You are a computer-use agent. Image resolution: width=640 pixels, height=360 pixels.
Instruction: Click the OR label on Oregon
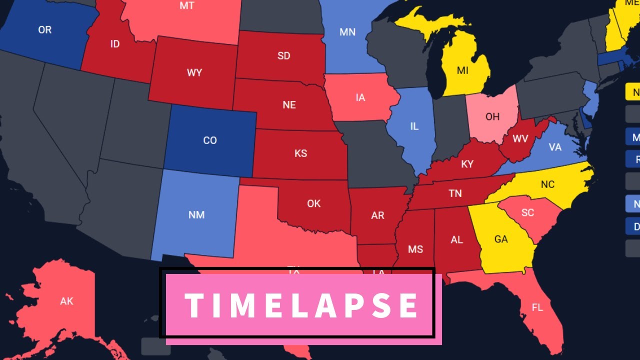pyautogui.click(x=44, y=30)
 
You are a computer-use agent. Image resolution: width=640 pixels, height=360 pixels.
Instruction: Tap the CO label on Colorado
pyautogui.click(x=210, y=140)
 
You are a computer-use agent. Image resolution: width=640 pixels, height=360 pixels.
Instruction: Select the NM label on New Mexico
pyautogui.click(x=196, y=214)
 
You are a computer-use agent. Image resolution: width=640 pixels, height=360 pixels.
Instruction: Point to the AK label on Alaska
pyautogui.click(x=66, y=301)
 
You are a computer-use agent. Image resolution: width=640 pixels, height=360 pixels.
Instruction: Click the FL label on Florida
pyautogui.click(x=537, y=307)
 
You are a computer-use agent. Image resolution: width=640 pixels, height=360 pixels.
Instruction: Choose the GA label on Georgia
pyautogui.click(x=501, y=239)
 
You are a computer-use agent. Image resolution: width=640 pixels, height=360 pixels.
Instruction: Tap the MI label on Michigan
pyautogui.click(x=462, y=70)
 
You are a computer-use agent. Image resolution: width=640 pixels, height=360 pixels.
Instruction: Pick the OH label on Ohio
pyautogui.click(x=492, y=116)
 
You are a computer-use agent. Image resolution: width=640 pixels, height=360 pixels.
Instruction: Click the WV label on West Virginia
pyautogui.click(x=520, y=138)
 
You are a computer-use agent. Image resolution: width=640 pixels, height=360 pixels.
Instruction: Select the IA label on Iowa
pyautogui.click(x=360, y=97)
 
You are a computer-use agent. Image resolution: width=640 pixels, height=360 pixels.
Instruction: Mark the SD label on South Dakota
pyautogui.click(x=283, y=56)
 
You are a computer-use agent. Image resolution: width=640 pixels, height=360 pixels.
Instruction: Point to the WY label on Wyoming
pyautogui.click(x=194, y=73)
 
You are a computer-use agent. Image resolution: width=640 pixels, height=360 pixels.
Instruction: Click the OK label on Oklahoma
pyautogui.click(x=314, y=203)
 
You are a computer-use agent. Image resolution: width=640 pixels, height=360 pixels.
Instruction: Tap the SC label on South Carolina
pyautogui.click(x=527, y=212)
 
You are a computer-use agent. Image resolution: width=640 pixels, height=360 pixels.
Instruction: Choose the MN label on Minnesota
pyautogui.click(x=347, y=32)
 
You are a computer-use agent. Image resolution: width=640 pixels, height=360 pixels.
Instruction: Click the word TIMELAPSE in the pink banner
pyautogui.click(x=301, y=305)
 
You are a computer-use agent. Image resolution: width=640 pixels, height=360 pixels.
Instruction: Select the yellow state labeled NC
pyautogui.click(x=547, y=184)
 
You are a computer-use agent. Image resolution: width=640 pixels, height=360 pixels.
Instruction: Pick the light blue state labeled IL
pyautogui.click(x=414, y=126)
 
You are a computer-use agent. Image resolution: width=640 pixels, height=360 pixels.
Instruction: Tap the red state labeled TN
pyautogui.click(x=455, y=193)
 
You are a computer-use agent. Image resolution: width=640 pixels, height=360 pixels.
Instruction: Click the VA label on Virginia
pyautogui.click(x=555, y=147)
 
